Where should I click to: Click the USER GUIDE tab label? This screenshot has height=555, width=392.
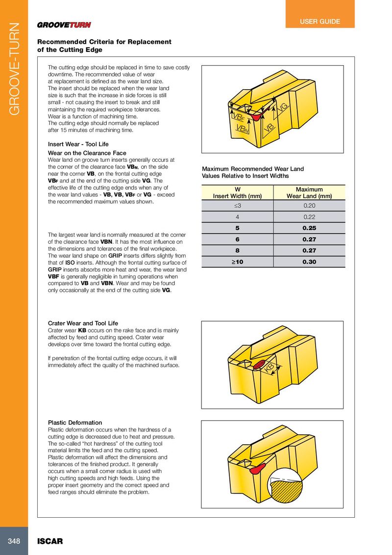point(319,22)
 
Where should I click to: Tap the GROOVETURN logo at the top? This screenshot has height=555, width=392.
point(64,25)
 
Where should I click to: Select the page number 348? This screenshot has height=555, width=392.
point(14,541)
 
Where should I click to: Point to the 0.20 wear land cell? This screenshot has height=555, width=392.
point(309,205)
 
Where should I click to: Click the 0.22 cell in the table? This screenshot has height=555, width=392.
point(309,217)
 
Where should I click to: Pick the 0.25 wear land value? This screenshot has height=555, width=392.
point(309,228)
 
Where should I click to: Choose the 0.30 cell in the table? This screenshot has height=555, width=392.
point(309,262)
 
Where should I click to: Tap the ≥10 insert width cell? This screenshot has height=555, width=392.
point(237,262)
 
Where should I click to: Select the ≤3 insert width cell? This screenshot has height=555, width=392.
point(237,205)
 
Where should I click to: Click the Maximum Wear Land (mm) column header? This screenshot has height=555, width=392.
point(309,193)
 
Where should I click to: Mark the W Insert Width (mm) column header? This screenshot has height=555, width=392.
point(237,193)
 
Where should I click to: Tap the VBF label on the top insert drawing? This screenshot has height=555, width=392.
point(237,118)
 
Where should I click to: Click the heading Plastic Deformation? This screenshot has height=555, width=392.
point(75,423)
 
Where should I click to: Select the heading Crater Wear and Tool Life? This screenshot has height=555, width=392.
point(83,324)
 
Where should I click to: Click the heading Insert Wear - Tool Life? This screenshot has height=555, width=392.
point(78,145)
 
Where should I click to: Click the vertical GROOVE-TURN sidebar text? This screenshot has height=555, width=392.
point(14,69)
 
